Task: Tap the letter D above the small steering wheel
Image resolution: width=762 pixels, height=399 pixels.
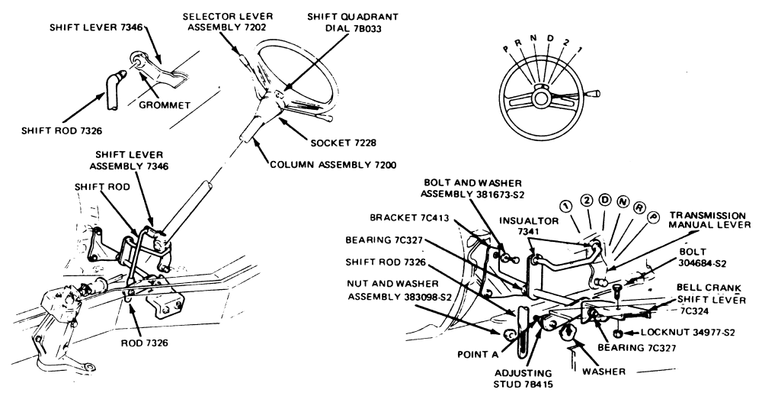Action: coord(547,37)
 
